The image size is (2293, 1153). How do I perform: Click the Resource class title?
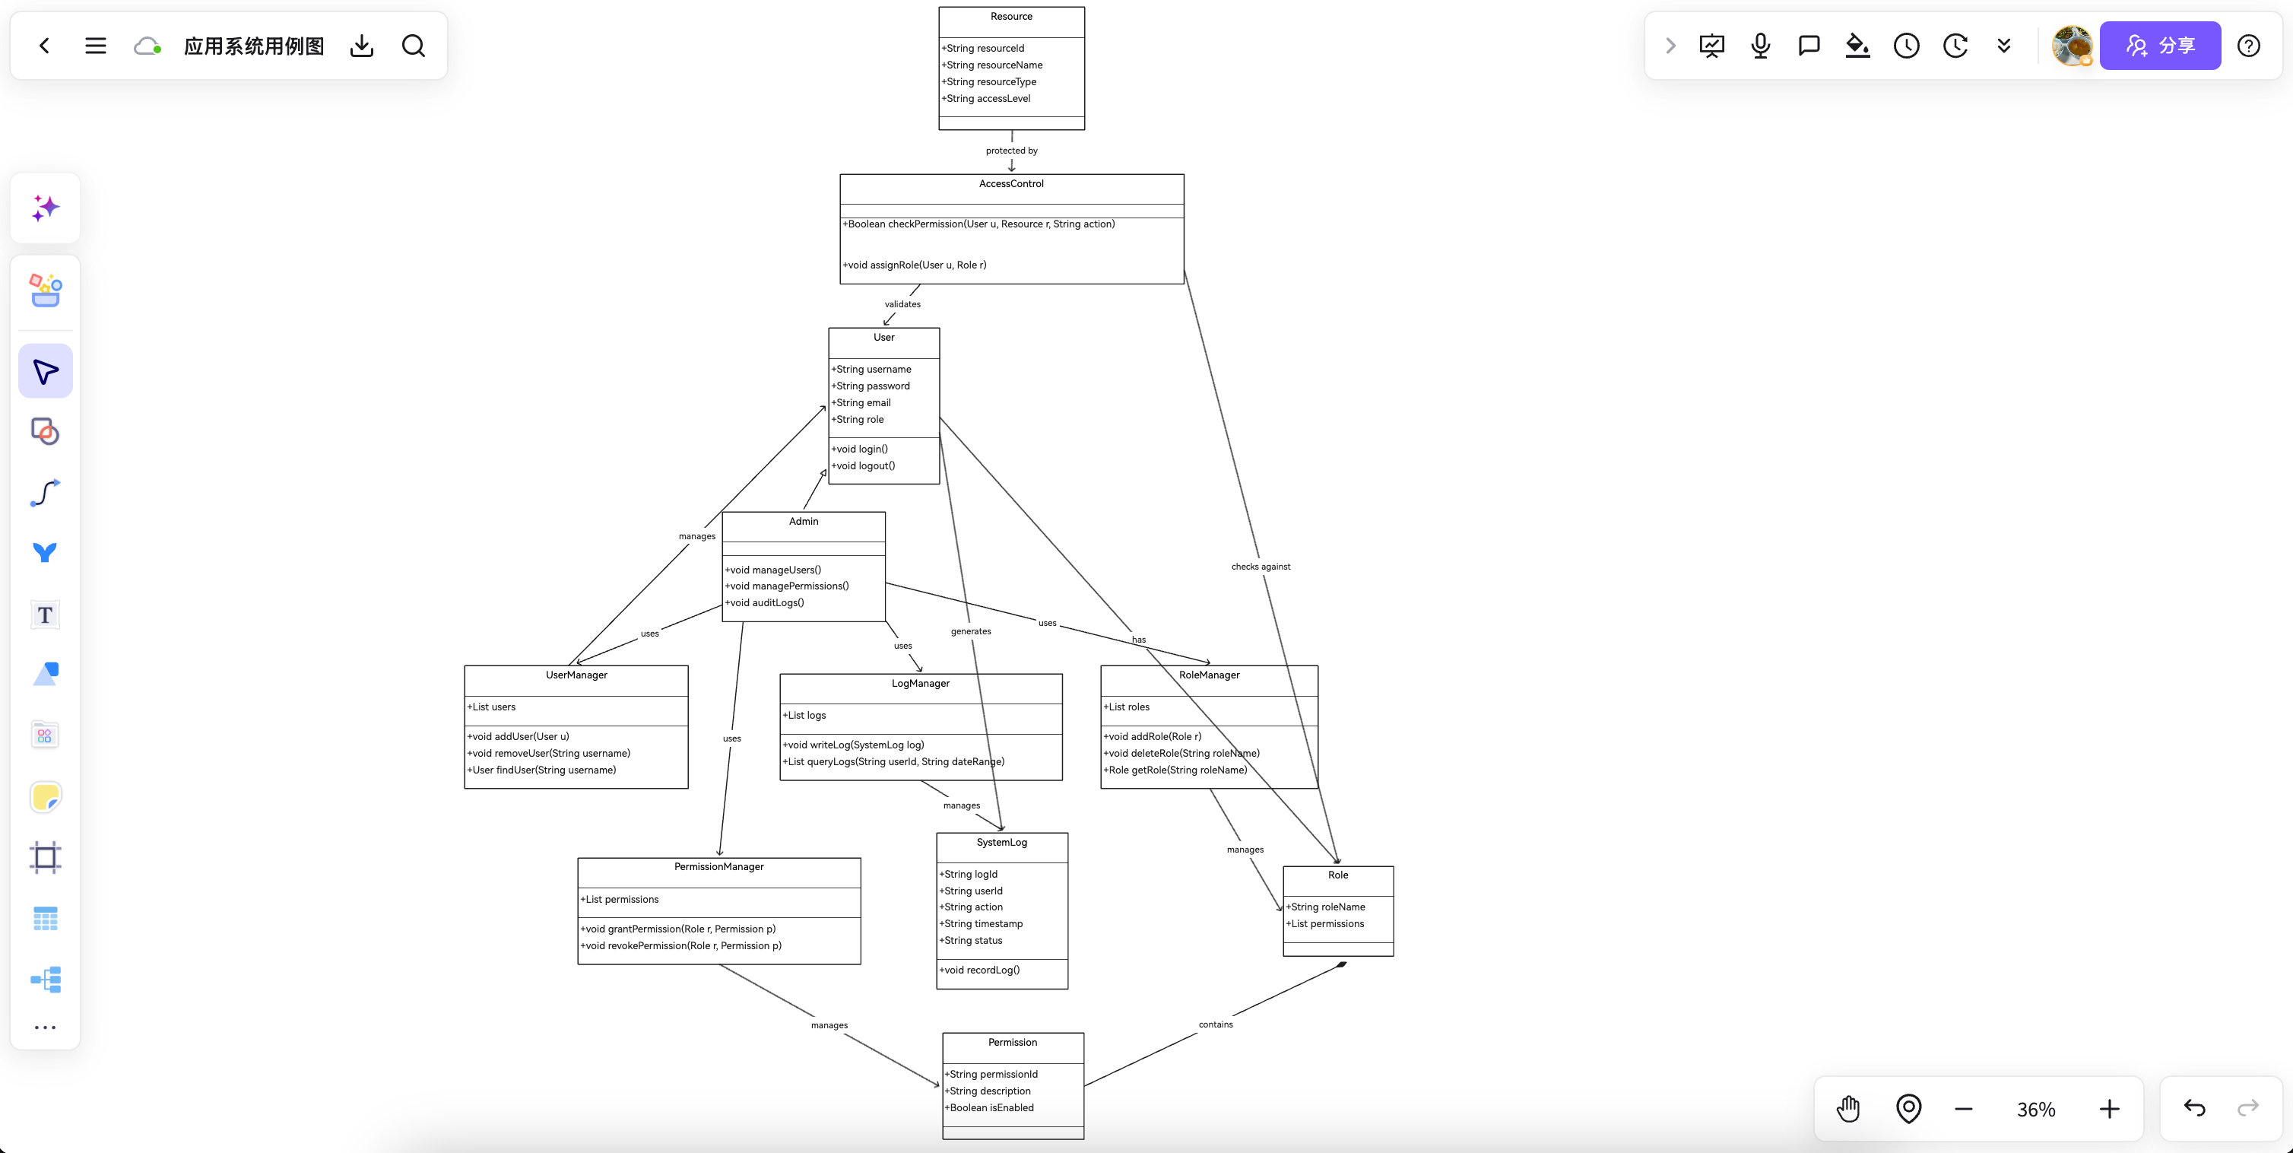(x=1011, y=17)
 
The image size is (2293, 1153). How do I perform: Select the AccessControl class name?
(x=1011, y=184)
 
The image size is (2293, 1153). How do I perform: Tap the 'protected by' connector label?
(x=1011, y=151)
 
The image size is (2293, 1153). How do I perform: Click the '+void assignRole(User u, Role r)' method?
(x=914, y=265)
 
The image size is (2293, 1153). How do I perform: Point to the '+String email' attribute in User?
(x=861, y=403)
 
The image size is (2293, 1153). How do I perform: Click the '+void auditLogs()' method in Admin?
(x=765, y=604)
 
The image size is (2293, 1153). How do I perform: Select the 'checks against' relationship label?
(x=1261, y=567)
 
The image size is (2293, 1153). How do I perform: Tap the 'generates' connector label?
(x=970, y=632)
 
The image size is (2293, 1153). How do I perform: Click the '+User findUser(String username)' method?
(x=541, y=771)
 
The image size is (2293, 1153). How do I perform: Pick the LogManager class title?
(x=921, y=684)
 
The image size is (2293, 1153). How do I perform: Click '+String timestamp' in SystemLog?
(x=981, y=924)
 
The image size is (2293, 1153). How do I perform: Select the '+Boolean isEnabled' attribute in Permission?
(x=989, y=1108)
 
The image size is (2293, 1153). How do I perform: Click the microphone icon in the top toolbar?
(x=1760, y=46)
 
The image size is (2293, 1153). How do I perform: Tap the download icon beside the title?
(x=361, y=46)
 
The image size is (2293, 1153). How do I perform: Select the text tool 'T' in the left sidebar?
(x=45, y=615)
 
